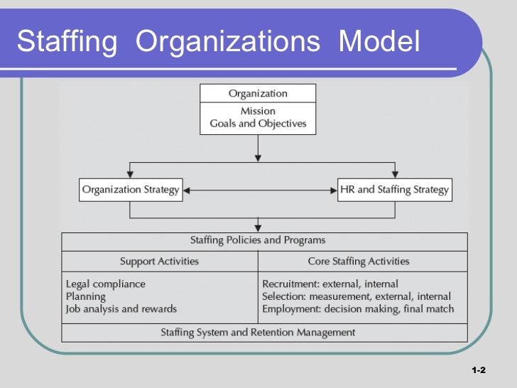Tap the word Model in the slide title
(x=380, y=42)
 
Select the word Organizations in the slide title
(x=227, y=42)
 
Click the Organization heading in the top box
(x=258, y=94)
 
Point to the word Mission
(x=258, y=111)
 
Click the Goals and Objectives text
(x=258, y=124)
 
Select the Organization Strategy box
(x=131, y=190)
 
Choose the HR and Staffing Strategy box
(x=393, y=190)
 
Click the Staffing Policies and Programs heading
(x=258, y=241)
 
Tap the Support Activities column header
(x=159, y=262)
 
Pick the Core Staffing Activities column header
(x=358, y=262)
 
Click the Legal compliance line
(x=105, y=284)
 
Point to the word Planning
(x=85, y=296)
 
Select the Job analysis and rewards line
(x=121, y=309)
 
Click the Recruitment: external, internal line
(x=330, y=284)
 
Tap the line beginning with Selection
(x=357, y=296)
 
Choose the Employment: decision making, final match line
(x=358, y=309)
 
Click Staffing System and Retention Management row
(x=258, y=332)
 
